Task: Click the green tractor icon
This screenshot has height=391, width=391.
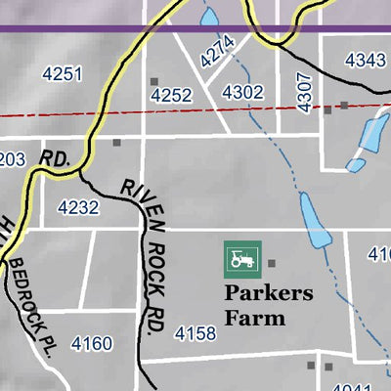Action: [x=239, y=259]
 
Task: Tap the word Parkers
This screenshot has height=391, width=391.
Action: [x=269, y=293]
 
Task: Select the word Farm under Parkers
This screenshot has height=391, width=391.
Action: [x=254, y=318]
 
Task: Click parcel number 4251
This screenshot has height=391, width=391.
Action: [x=63, y=74]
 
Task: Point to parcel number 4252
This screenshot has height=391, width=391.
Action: [x=171, y=95]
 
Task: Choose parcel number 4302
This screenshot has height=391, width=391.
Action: [x=243, y=92]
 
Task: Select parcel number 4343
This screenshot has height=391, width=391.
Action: [x=365, y=61]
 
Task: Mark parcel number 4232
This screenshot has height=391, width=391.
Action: [x=78, y=207]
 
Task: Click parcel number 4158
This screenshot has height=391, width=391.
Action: [x=195, y=335]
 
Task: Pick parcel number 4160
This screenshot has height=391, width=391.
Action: [x=92, y=344]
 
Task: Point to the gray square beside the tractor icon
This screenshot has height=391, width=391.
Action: [x=273, y=262]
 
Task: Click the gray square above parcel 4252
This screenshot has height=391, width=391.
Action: [x=153, y=81]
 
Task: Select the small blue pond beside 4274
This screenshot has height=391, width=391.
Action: [x=208, y=18]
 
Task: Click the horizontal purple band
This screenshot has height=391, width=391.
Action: [x=195, y=29]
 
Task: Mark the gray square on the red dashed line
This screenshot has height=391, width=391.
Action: [x=344, y=104]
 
